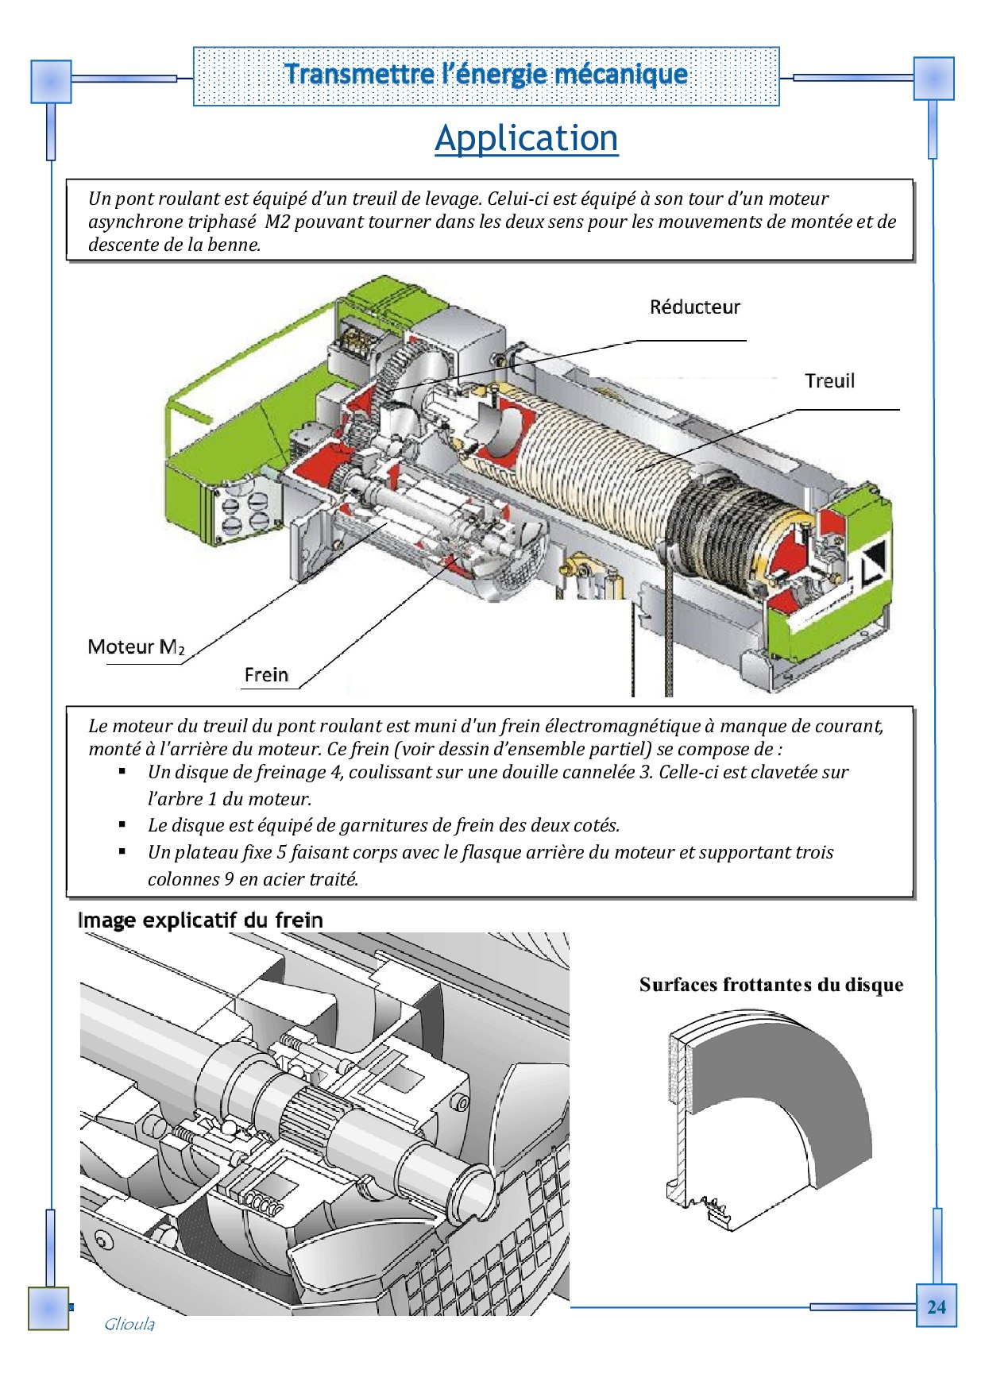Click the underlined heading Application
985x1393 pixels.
click(x=526, y=138)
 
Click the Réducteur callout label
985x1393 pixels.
click(x=694, y=307)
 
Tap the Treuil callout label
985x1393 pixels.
click(x=829, y=381)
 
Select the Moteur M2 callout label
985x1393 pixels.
click(x=136, y=647)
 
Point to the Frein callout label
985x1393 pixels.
click(x=266, y=675)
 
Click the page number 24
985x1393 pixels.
click(x=936, y=1306)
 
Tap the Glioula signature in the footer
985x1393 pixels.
click(x=129, y=1324)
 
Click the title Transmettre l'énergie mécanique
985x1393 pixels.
click(x=485, y=75)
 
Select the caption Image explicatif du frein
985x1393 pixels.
click(x=200, y=920)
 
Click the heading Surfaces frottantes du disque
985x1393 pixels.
click(x=771, y=985)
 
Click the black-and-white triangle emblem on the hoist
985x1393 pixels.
click(x=872, y=561)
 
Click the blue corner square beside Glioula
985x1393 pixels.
click(x=48, y=1308)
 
